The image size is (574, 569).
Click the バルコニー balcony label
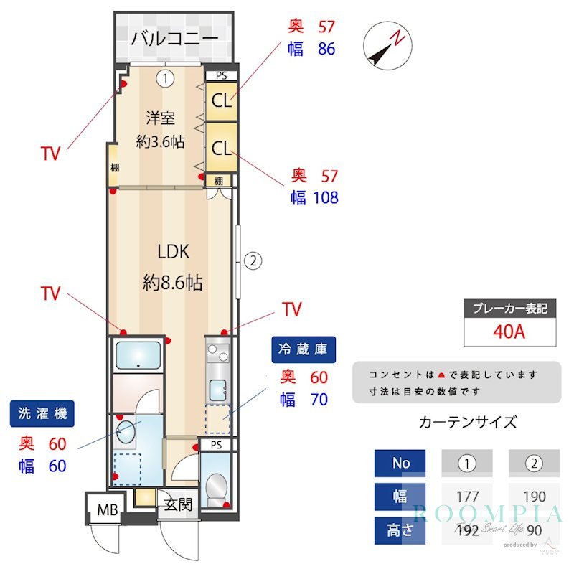174,37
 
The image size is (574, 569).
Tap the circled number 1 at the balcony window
166,78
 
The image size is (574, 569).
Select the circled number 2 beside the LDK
252,261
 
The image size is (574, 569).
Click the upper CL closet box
222,100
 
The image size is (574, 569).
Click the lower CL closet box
222,149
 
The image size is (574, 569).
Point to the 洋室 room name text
161,118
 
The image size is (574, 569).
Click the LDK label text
173,252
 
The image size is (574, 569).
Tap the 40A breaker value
509,332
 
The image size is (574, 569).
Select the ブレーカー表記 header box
509,309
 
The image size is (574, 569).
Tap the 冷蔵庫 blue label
303,349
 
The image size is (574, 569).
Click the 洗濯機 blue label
42,414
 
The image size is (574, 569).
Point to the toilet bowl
215,488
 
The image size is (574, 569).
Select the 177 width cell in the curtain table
468,497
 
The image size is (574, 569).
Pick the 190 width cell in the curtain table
534,497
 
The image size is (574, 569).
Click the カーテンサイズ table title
467,422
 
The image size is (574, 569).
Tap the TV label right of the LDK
291,309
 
